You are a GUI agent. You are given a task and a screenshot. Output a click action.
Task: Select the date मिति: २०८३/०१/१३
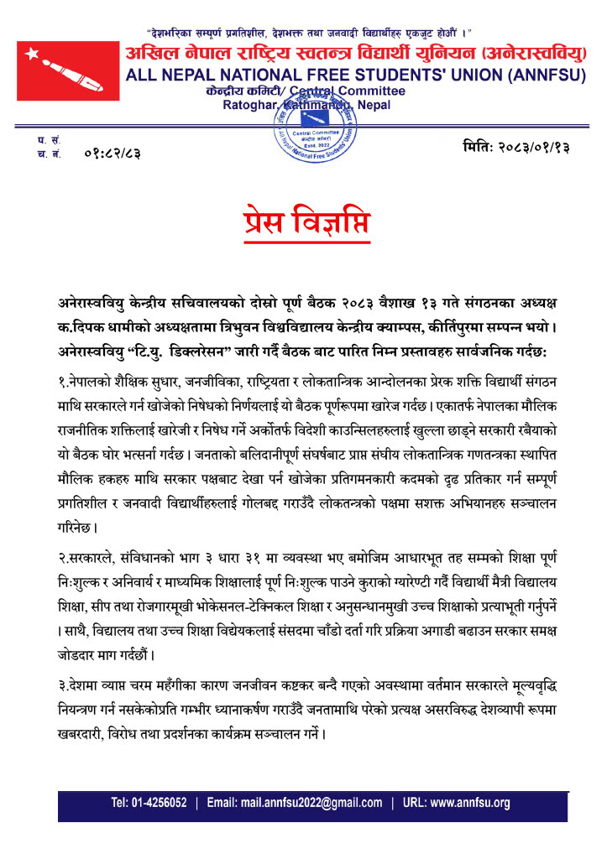tap(516, 148)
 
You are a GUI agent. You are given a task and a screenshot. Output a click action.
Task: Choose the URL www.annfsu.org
tap(469, 803)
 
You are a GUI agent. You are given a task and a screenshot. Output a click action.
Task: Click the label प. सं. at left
tap(44, 140)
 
